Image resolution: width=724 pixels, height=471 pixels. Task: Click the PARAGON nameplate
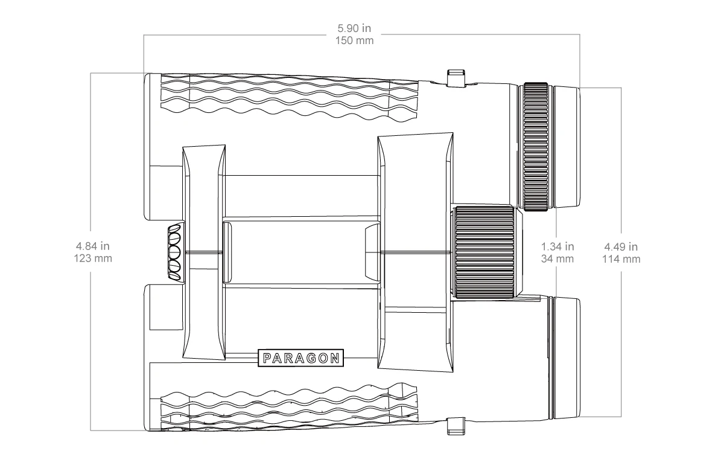[300, 357]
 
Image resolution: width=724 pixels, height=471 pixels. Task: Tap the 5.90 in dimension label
[354, 28]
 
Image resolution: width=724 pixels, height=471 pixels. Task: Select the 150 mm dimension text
[354, 41]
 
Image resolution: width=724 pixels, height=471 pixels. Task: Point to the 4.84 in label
[93, 246]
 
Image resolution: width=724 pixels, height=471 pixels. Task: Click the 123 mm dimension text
[93, 258]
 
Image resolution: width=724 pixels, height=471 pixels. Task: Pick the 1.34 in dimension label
[557, 246]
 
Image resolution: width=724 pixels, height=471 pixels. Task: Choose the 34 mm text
[557, 259]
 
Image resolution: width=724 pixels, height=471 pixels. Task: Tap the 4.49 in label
[621, 247]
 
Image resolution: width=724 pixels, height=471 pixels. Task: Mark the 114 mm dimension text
[621, 259]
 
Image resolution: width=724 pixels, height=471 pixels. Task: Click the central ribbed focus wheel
[484, 252]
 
